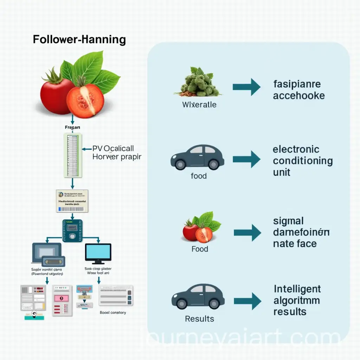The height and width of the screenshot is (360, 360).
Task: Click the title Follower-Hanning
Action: [79, 39]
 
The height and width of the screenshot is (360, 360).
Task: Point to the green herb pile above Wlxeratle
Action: [198, 83]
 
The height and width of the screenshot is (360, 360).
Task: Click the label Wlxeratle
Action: [199, 104]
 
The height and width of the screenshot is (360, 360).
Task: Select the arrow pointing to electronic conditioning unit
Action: [246, 159]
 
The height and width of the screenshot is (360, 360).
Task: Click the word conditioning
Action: [303, 161]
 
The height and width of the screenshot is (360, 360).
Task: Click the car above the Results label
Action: [198, 297]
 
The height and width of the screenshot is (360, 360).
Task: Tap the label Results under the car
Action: [199, 319]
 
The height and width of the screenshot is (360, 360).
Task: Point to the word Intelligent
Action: [297, 289]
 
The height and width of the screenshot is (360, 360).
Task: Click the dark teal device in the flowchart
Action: [72, 231]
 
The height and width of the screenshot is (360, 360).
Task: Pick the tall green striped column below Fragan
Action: [72, 155]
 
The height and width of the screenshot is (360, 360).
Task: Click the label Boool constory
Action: [112, 312]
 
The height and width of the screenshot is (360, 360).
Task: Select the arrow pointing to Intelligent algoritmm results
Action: [247, 301]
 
